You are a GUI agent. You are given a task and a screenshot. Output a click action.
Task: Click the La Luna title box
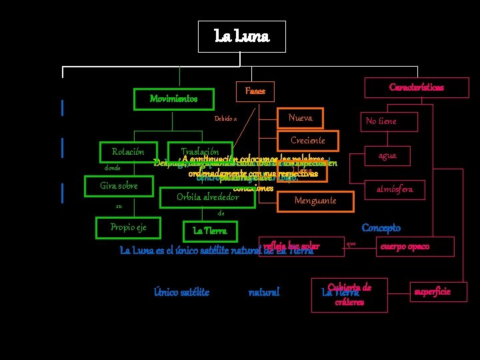click(x=242, y=35)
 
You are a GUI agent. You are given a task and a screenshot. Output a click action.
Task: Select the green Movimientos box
click(x=173, y=99)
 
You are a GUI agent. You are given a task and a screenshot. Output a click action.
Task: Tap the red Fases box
click(x=255, y=91)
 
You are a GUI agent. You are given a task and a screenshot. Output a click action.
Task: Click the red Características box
click(x=417, y=87)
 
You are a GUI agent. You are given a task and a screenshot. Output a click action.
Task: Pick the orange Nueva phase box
click(x=300, y=118)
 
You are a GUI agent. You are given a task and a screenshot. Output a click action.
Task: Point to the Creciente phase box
click(x=308, y=140)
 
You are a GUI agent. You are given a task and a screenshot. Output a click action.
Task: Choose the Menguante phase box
click(x=315, y=201)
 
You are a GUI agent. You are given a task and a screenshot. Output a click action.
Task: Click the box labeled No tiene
click(x=381, y=121)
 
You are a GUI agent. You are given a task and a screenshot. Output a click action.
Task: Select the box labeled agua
click(x=387, y=155)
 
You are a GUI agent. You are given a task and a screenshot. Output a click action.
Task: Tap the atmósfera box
click(x=394, y=189)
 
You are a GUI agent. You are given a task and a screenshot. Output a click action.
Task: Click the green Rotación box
click(x=129, y=152)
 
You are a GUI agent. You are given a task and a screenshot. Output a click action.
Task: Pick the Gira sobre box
click(x=119, y=185)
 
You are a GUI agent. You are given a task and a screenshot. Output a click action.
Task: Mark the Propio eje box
click(x=128, y=227)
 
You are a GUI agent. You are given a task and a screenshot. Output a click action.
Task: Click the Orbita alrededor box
click(x=207, y=197)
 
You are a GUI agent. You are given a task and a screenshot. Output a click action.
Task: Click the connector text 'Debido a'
click(x=225, y=118)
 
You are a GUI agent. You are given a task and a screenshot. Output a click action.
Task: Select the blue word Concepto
click(x=381, y=228)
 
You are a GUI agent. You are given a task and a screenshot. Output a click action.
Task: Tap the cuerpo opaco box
click(x=405, y=246)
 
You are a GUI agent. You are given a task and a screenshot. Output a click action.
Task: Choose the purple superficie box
click(x=432, y=291)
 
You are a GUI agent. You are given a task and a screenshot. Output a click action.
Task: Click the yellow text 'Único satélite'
click(x=181, y=291)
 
